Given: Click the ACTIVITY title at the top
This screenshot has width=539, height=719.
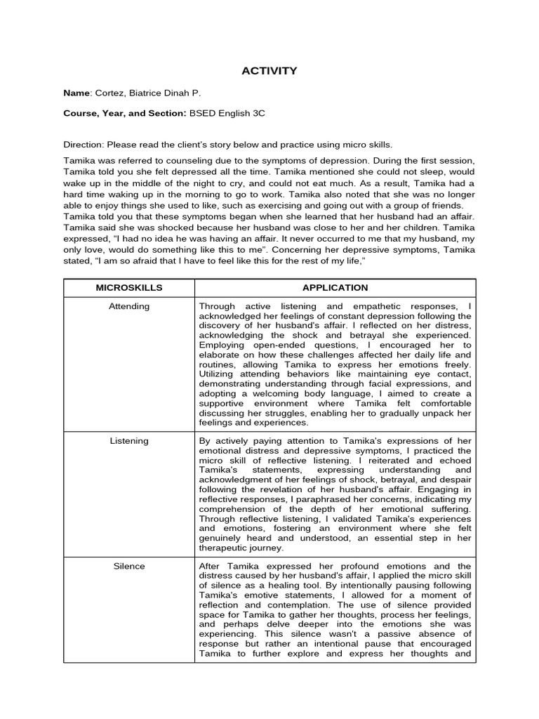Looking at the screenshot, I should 269,71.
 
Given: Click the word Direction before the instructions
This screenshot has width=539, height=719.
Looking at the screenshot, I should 83,144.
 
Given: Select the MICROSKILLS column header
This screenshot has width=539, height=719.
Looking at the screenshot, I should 129,288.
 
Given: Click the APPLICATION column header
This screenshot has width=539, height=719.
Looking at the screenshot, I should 335,288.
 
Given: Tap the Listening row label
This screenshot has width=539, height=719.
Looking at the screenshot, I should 129,441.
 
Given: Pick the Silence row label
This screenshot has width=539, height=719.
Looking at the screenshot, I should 129,566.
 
